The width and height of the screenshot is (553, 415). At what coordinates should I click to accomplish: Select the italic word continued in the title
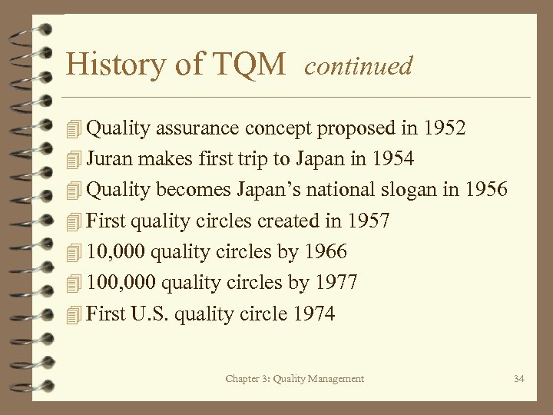pos(359,66)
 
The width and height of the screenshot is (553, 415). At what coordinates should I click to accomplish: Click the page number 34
pos(518,379)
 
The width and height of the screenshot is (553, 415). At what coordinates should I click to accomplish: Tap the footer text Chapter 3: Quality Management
pos(295,379)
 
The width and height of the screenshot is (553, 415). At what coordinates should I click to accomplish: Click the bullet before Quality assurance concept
pos(74,128)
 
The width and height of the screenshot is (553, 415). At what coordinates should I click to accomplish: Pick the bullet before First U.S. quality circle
pos(74,314)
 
